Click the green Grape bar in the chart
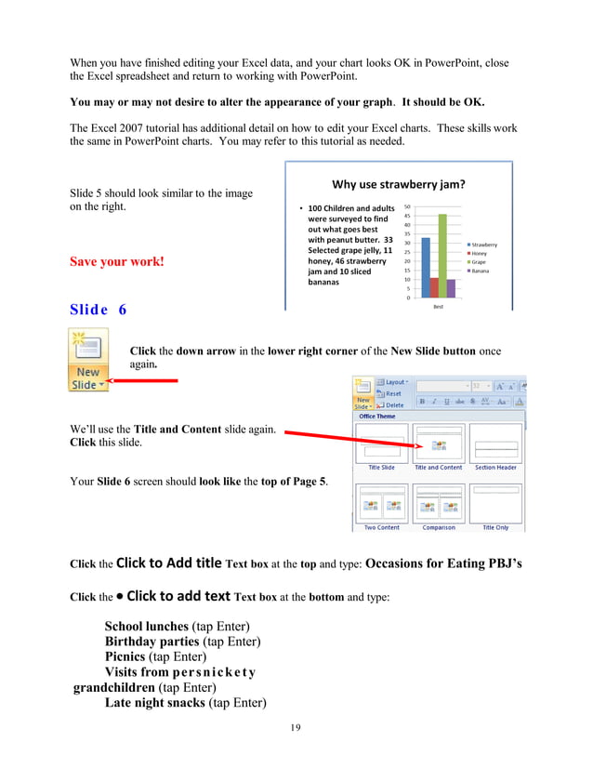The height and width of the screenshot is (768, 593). coord(442,256)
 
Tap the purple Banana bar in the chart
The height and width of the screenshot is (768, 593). coord(451,287)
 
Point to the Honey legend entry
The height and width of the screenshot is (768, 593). coord(481,253)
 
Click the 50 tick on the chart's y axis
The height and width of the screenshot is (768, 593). coord(407,206)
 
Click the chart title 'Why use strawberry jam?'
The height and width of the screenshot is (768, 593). coord(398,184)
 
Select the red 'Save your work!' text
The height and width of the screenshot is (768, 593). coord(117,261)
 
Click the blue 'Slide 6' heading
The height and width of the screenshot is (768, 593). coord(99,309)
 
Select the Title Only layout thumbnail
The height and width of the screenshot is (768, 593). coord(495,503)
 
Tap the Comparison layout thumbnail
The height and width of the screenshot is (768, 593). coord(438,503)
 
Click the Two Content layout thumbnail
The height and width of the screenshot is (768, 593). coord(381,503)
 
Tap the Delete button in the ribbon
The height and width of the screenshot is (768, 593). coord(393,404)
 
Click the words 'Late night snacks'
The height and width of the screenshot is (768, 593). coord(154,702)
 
